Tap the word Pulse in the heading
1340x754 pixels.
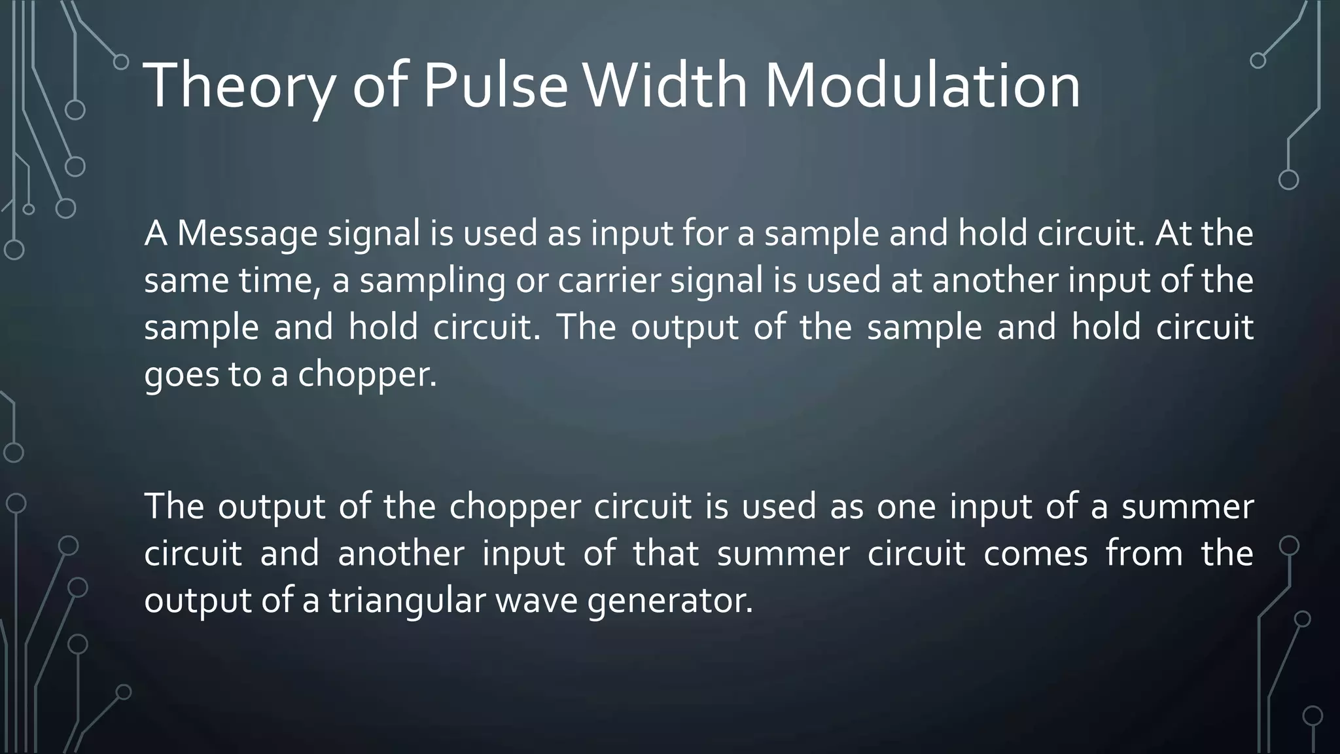[x=495, y=86]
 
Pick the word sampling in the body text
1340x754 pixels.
[x=432, y=281]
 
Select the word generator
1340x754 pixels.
[x=669, y=600]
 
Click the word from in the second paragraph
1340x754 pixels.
[x=1144, y=553]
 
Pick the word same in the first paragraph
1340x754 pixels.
[x=186, y=281]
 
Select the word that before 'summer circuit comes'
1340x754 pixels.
[x=666, y=553]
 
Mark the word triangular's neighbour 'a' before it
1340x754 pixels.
[x=311, y=601]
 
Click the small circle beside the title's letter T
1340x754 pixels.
[x=121, y=62]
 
